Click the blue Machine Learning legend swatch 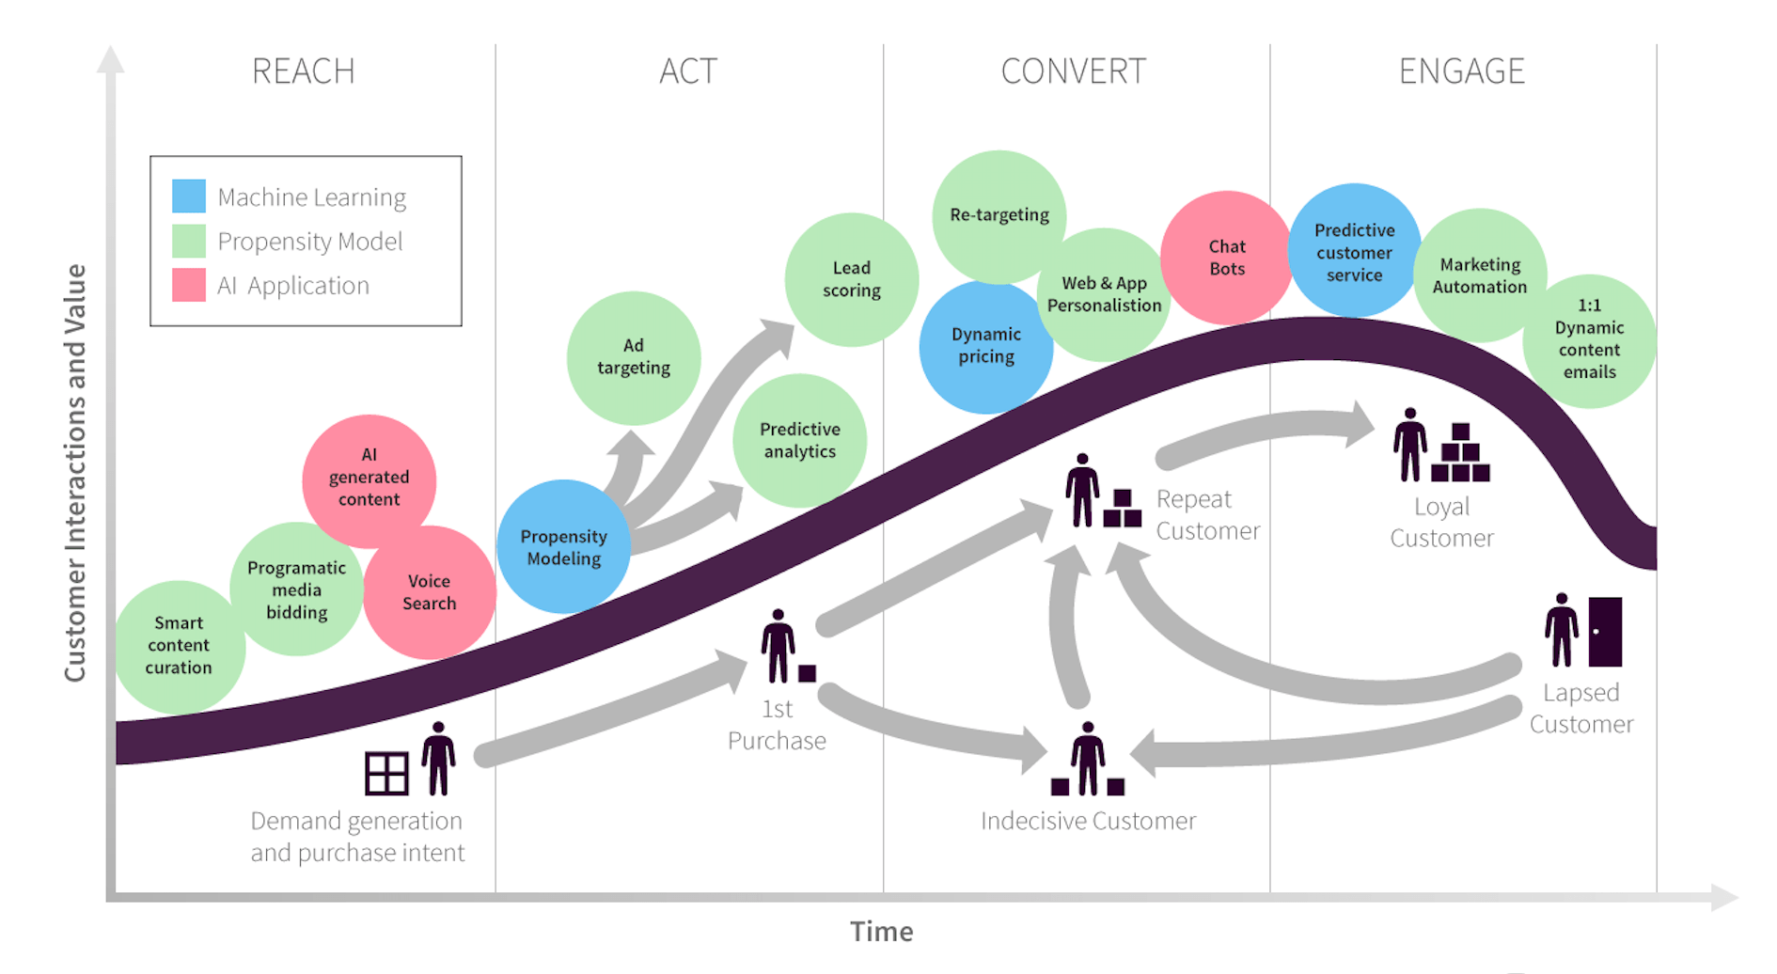click(x=189, y=196)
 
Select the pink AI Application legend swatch click(x=189, y=285)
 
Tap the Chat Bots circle click(x=1227, y=258)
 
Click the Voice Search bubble click(x=430, y=592)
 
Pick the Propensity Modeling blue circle click(x=563, y=547)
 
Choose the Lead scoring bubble click(x=852, y=279)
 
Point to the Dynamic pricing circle click(x=985, y=346)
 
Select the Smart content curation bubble click(x=179, y=646)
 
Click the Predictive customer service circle click(x=1354, y=252)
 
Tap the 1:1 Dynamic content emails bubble click(x=1589, y=339)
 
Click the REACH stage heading click(x=303, y=71)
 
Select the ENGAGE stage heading click(x=1461, y=71)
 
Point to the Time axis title click(x=881, y=932)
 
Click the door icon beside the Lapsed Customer click(x=1605, y=631)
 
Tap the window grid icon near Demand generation click(x=386, y=773)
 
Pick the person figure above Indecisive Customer click(x=1088, y=757)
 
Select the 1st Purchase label click(x=777, y=724)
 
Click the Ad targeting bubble click(x=634, y=357)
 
